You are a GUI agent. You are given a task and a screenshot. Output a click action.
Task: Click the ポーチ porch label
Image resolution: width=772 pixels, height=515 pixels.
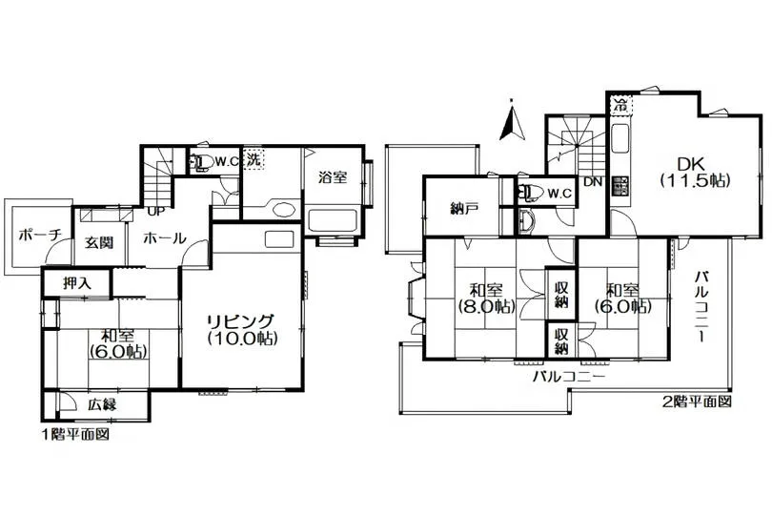pos(39,236)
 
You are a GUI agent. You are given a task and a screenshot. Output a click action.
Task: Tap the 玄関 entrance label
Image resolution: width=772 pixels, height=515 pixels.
pos(99,242)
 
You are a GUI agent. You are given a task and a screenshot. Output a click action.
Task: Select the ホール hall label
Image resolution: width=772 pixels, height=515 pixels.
pos(165,238)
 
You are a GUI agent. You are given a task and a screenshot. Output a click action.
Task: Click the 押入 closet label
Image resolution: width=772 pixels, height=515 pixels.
pos(77,283)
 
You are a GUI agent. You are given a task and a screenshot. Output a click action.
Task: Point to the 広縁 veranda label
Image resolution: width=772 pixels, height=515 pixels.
pos(102,404)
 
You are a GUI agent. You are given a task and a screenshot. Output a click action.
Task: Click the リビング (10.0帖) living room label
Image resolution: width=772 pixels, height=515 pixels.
pos(242,329)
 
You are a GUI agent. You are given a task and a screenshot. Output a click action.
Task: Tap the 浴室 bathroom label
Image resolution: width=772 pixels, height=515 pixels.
pos(333,177)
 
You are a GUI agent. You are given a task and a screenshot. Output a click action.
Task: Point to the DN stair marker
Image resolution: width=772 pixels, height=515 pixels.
pos(593,182)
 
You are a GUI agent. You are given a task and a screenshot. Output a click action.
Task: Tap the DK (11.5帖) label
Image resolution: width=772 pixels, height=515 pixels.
pos(694,172)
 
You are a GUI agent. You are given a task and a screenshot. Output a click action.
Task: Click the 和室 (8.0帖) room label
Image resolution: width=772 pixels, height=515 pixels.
pos(486,299)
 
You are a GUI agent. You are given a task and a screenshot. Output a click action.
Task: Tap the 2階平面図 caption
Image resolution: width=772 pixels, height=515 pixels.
pos(697,402)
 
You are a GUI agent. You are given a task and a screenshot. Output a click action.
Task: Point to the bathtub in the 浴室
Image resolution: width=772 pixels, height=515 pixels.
pos(333,220)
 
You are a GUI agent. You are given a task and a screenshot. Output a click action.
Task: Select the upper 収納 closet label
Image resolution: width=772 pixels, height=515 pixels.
pos(561,294)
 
